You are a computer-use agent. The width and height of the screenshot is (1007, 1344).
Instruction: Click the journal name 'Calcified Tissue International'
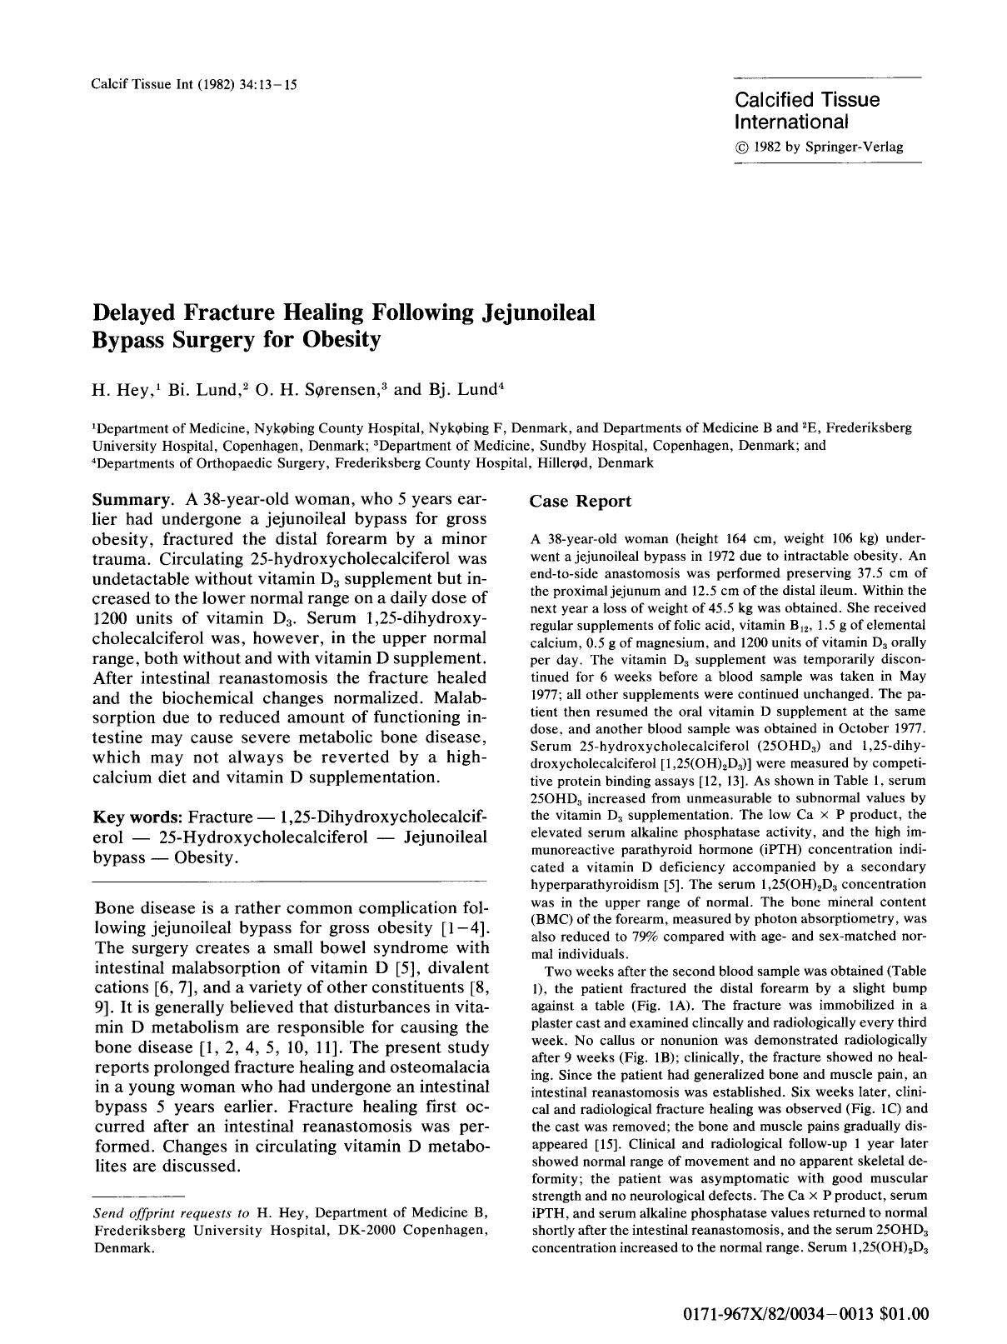806,111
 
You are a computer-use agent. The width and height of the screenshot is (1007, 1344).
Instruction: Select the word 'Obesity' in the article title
341,339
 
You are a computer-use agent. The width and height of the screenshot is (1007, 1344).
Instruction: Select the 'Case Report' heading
581,501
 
